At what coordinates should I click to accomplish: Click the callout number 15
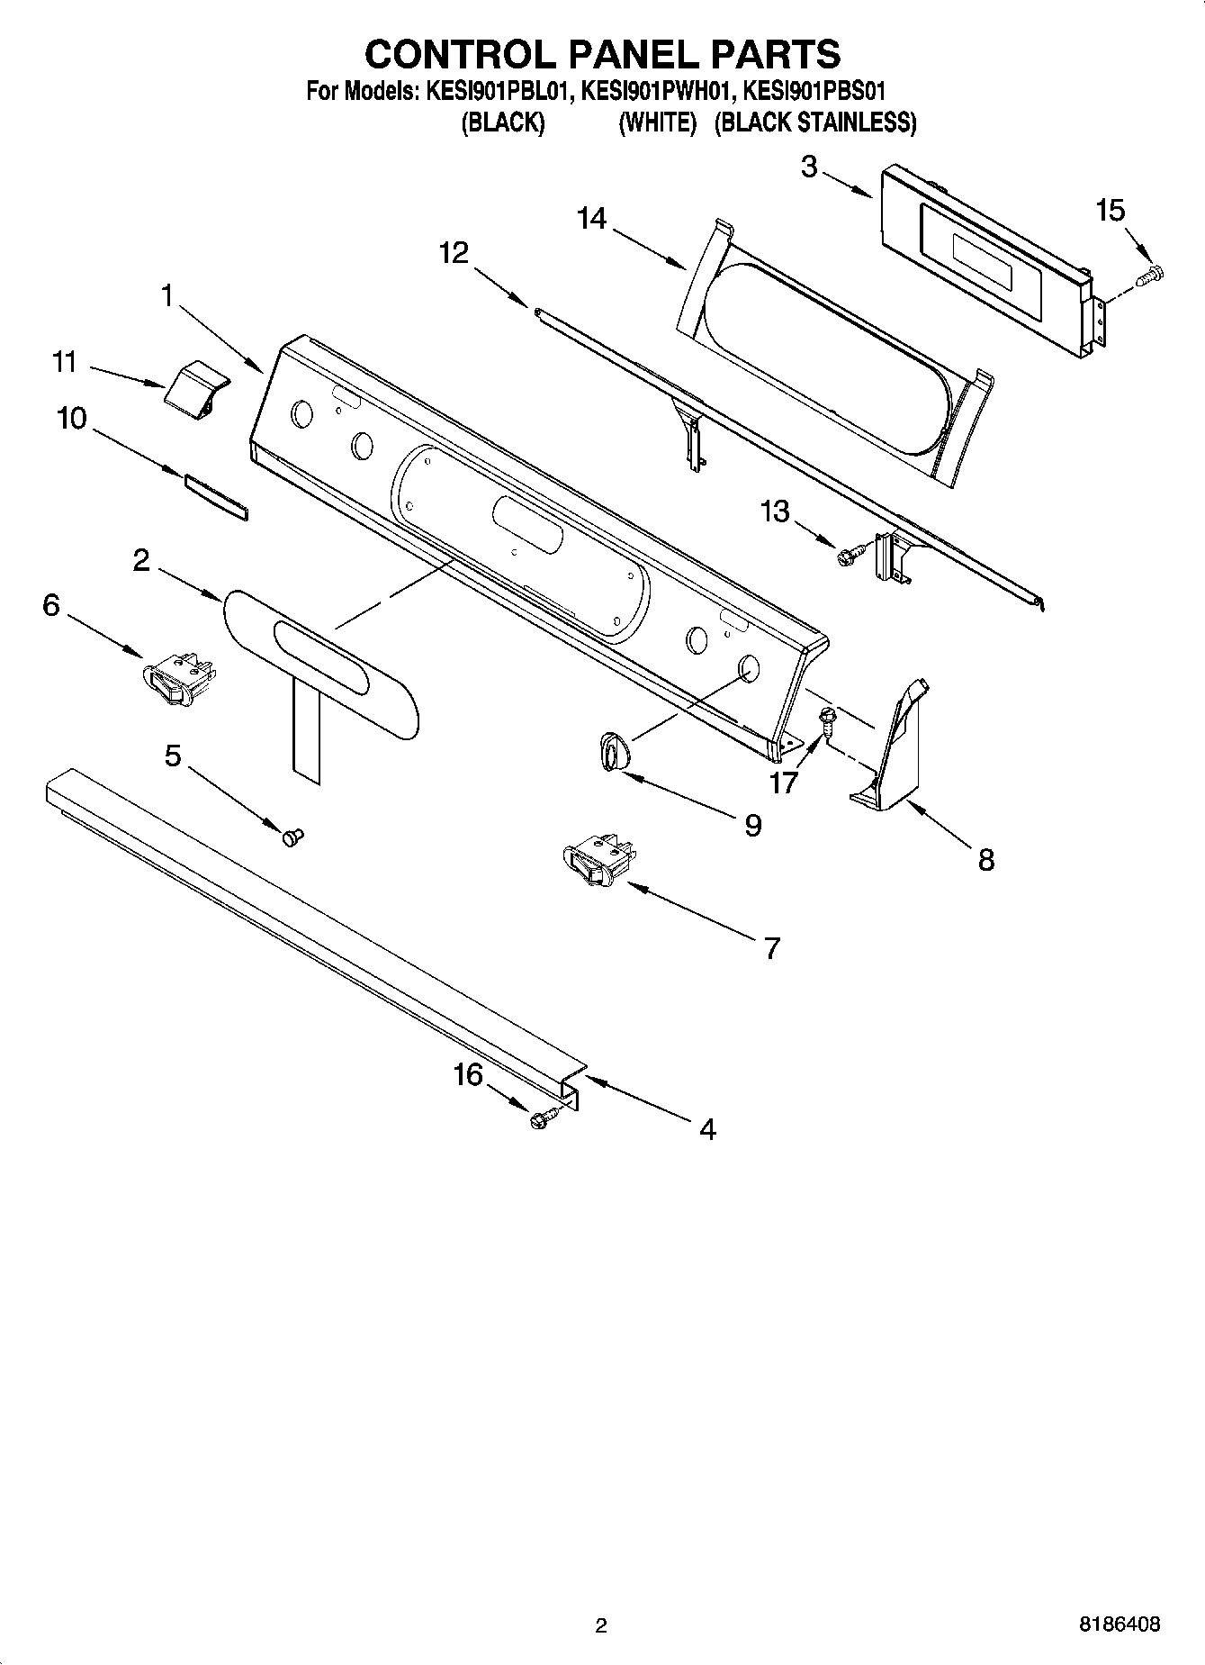(x=1111, y=211)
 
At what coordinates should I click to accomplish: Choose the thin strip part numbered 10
(x=216, y=497)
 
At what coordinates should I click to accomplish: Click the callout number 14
(x=591, y=219)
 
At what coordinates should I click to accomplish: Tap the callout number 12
(x=454, y=253)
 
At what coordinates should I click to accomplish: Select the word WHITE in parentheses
(x=658, y=122)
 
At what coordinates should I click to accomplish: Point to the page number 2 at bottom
(x=601, y=1624)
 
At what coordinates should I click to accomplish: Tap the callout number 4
(x=707, y=1129)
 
